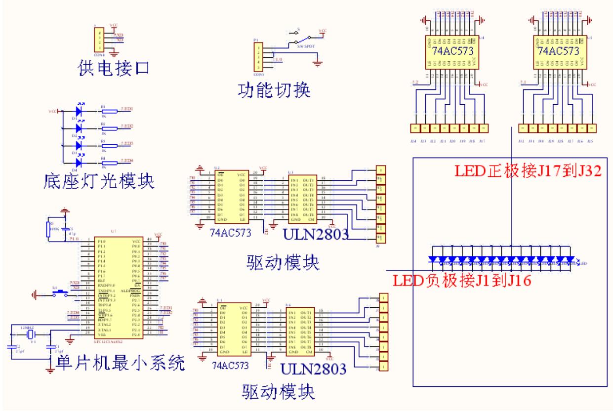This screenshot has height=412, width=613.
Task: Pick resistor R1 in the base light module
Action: [109, 112]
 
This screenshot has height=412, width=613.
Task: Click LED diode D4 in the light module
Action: [78, 163]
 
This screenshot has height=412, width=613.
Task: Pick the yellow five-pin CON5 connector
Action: [257, 58]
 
